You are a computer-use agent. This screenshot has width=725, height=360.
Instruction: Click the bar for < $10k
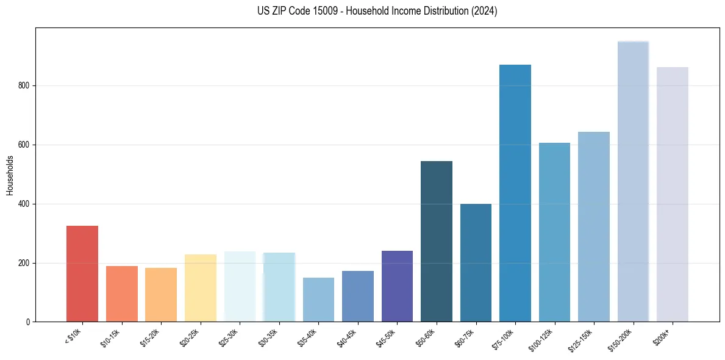tap(82, 274)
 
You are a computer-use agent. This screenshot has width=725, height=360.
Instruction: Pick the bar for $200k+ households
tap(673, 195)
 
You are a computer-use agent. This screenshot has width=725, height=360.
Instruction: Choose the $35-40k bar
tap(318, 300)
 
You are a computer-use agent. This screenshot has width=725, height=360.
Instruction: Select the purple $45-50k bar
tap(397, 286)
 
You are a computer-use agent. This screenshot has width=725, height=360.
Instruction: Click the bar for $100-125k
tap(554, 232)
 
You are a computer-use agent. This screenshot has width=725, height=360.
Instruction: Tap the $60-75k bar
tap(476, 263)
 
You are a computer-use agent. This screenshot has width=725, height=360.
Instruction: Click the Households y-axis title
tap(10, 175)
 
